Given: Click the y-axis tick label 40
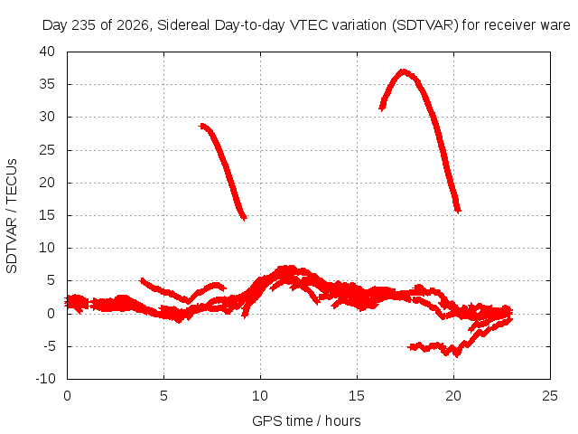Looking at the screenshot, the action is (47, 52).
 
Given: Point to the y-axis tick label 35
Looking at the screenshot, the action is (47, 84).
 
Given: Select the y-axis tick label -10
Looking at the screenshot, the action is (45, 379).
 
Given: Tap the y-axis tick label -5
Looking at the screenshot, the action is (49, 346).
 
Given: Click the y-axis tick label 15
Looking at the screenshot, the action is (47, 215).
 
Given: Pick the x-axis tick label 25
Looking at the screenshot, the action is (550, 396).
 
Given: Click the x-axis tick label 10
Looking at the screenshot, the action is (260, 396).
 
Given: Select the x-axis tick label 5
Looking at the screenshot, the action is (163, 396).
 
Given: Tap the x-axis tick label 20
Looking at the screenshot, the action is (453, 396).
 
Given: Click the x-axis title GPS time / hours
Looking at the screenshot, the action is (306, 421).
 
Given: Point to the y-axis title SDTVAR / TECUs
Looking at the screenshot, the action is (12, 216).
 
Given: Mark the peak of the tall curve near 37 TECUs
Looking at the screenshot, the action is (404, 71).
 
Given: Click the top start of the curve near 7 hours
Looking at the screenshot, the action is (201, 127).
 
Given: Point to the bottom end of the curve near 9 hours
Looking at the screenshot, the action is (244, 218).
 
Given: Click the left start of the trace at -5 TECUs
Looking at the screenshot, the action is (411, 347).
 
